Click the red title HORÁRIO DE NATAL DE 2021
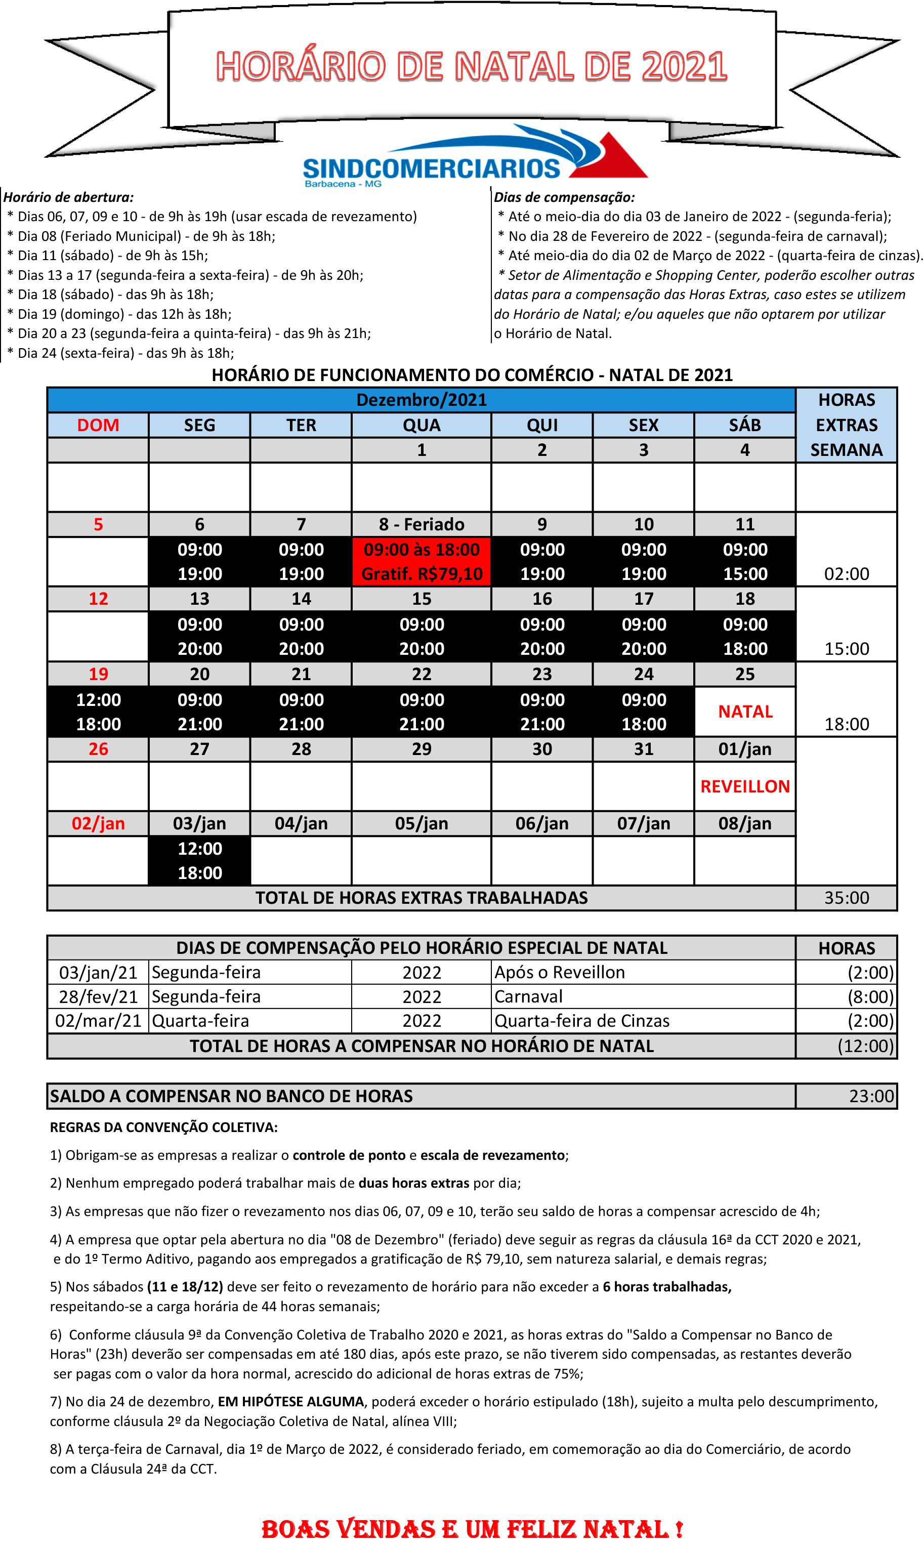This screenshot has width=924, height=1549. pyautogui.click(x=471, y=67)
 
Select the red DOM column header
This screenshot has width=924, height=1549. pyautogui.click(x=98, y=425)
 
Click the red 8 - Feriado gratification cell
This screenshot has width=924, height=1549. pyautogui.click(x=422, y=562)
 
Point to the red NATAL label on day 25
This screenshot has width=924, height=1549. pyautogui.click(x=745, y=711)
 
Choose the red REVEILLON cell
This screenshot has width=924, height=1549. pyautogui.click(x=745, y=786)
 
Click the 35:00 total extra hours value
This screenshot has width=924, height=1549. pyautogui.click(x=846, y=898)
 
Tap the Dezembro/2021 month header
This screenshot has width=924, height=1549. pyautogui.click(x=422, y=400)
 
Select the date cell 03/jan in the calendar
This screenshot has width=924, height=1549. pyautogui.click(x=199, y=824)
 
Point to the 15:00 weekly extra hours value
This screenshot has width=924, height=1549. pyautogui.click(x=846, y=649)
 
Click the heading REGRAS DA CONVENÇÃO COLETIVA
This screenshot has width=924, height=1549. pyautogui.click(x=164, y=1127)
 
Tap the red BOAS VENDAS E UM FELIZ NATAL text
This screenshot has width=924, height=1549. pyautogui.click(x=472, y=1529)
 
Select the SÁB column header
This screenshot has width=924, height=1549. pyautogui.click(x=745, y=425)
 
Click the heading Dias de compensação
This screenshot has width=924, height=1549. pyautogui.click(x=564, y=197)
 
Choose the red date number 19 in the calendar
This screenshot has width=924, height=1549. pyautogui.click(x=98, y=674)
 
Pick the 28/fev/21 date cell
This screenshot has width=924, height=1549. pyautogui.click(x=98, y=997)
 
